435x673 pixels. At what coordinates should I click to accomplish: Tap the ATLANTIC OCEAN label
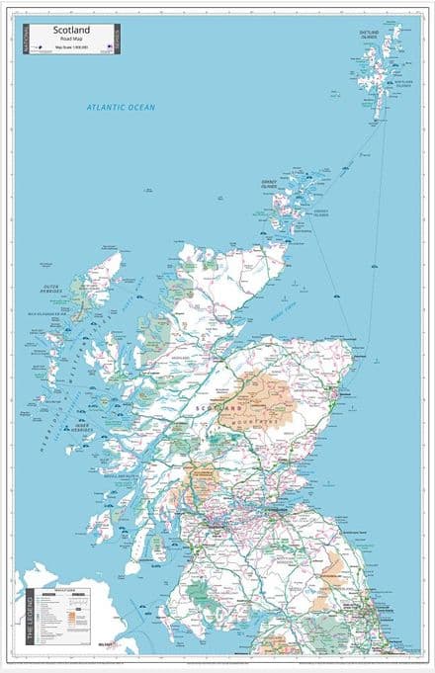click(x=121, y=107)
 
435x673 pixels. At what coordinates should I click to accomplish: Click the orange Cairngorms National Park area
click(x=259, y=397)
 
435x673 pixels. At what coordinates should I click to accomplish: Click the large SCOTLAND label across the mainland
click(x=219, y=407)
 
